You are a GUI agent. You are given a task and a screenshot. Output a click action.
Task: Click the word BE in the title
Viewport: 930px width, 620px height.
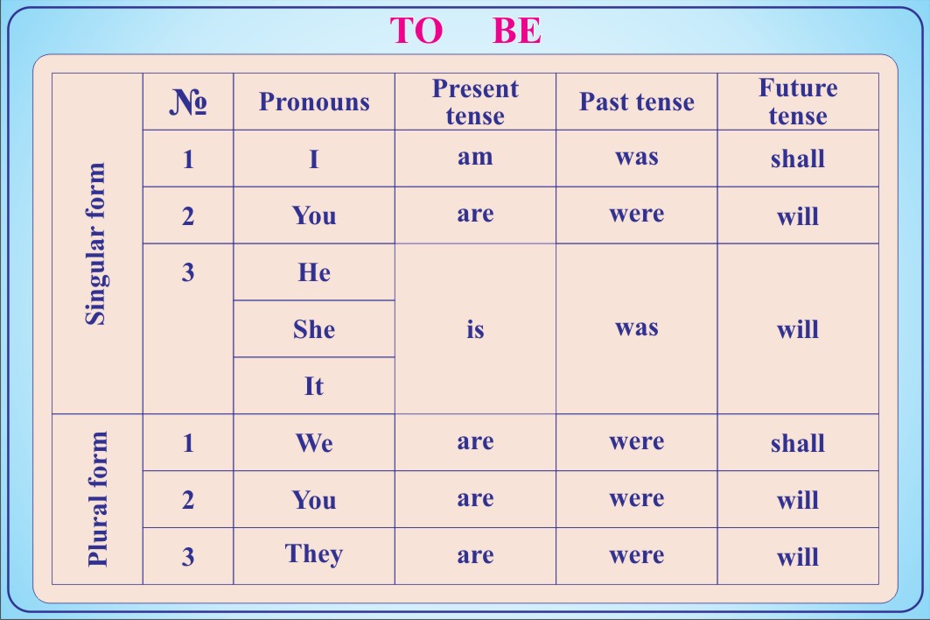point(516,31)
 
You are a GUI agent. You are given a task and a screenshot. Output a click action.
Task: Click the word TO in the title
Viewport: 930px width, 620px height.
point(416,31)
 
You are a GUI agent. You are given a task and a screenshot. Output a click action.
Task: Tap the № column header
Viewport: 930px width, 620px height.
point(188,102)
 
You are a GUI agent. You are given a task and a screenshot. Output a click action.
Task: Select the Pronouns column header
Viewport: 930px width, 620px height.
point(314,102)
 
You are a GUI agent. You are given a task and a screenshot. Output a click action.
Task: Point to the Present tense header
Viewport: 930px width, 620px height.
point(475,102)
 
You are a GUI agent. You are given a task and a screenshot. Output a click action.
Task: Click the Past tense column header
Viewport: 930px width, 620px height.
point(636,102)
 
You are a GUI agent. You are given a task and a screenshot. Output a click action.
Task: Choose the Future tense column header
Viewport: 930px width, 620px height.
point(798,102)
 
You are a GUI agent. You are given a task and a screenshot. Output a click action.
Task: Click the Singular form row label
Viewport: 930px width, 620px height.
point(96,243)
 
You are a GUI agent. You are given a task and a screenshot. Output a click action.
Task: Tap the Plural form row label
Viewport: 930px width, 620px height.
point(97,499)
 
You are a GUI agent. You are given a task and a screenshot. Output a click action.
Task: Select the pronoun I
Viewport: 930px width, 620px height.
point(314,159)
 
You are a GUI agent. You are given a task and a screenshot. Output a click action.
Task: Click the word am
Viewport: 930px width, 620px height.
point(475,158)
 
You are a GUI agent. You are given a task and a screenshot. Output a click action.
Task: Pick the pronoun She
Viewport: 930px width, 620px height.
point(314,329)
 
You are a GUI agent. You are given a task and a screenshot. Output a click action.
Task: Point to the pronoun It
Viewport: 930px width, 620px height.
point(314,386)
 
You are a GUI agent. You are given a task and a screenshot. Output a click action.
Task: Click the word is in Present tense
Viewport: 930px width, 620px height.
point(475,328)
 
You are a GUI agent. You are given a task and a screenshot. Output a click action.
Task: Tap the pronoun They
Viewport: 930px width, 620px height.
point(314,554)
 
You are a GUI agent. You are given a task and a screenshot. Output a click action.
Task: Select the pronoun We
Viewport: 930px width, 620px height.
point(314,443)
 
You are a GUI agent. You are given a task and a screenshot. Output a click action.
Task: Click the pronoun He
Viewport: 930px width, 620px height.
point(314,272)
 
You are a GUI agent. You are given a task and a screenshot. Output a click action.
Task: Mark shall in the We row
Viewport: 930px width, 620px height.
point(798,443)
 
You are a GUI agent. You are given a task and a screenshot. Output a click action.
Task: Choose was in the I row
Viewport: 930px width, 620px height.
point(636,158)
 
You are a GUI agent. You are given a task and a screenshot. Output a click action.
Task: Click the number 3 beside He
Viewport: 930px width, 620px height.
point(188,272)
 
